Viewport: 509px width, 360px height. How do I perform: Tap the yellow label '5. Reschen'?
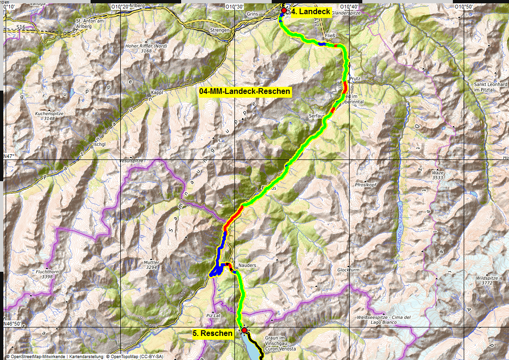[x=213, y=333]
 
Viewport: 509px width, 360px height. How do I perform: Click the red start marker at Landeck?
[x=284, y=10]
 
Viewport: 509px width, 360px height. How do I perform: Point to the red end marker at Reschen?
[x=244, y=330]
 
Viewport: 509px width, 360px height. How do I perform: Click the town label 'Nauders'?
[x=247, y=266]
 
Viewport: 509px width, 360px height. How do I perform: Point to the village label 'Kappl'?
[x=157, y=92]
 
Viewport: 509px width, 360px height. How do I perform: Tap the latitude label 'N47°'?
[x=9, y=156]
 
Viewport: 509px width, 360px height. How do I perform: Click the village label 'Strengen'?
[x=220, y=30]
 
